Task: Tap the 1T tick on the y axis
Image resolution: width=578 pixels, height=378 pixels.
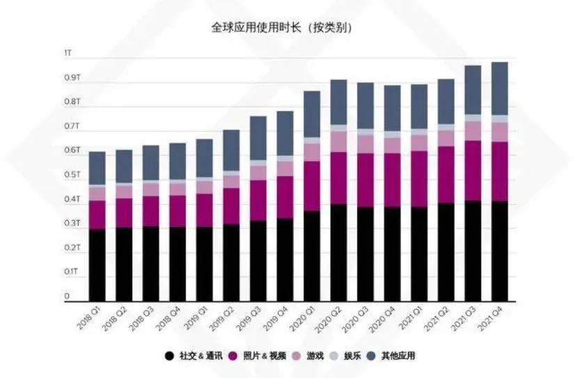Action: click(x=67, y=54)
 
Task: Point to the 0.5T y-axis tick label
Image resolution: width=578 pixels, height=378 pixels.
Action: click(x=72, y=175)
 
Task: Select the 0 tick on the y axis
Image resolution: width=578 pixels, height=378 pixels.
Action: click(x=68, y=297)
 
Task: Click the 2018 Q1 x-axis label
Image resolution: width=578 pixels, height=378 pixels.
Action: click(x=88, y=320)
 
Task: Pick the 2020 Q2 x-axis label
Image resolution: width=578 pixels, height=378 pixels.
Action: click(x=329, y=320)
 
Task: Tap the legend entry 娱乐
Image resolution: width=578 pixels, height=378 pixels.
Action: click(x=369, y=356)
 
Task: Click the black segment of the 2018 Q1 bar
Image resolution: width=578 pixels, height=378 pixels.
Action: click(x=97, y=265)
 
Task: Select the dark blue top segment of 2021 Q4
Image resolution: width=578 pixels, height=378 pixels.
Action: click(x=499, y=88)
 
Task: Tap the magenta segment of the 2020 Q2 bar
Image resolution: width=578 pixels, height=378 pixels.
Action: click(x=338, y=178)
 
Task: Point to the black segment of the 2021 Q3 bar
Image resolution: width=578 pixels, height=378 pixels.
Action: click(x=472, y=251)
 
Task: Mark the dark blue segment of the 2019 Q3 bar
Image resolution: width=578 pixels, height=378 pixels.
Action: click(x=258, y=138)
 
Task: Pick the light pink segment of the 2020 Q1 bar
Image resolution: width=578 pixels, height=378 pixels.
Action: click(x=312, y=152)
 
